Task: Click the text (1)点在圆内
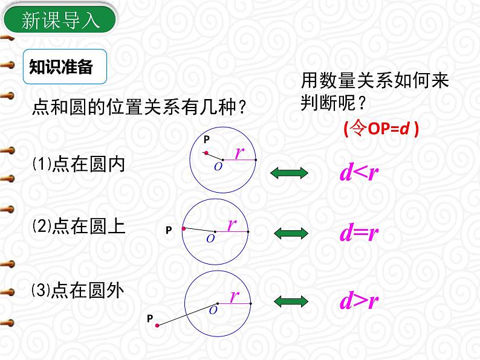point(79,164)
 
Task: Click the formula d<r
point(358,174)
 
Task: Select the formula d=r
point(358,234)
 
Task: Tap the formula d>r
point(358,300)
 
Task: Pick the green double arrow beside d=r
point(291,234)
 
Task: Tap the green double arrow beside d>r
point(291,300)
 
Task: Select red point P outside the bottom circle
point(157,326)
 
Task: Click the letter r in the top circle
point(239,153)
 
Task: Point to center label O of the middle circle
point(210,239)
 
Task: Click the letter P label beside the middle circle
point(169,230)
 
